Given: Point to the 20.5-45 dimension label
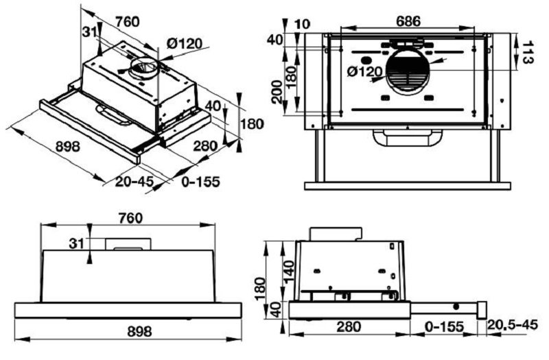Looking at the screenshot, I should [514, 324].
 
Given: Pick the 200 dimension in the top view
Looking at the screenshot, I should [277, 91].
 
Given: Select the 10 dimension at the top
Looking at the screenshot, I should [299, 25].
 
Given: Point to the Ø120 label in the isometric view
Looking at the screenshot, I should [185, 44].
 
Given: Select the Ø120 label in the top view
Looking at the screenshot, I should [364, 71].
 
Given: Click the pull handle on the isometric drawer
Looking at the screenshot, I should [113, 115].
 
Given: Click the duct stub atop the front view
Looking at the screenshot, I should [128, 243].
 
